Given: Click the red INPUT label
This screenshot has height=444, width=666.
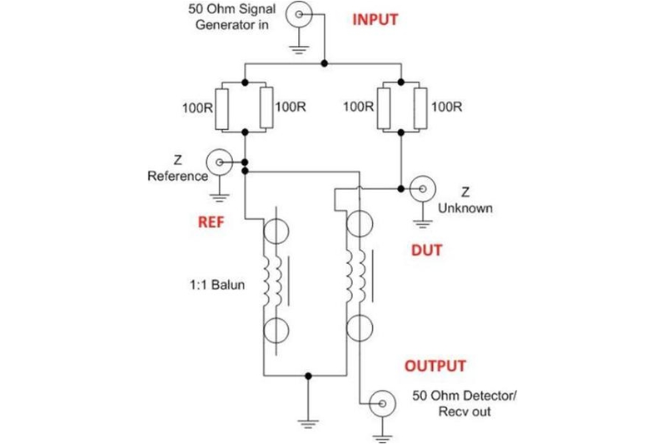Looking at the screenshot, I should click(375, 20).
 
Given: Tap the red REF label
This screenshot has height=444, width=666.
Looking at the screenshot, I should click(208, 222).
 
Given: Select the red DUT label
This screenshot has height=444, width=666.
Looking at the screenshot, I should click(427, 250).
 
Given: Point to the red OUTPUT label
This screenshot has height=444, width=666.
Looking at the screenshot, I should click(435, 366).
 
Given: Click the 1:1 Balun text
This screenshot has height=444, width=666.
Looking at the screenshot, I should click(211, 285).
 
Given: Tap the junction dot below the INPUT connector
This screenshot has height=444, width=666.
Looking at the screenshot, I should click(325, 62).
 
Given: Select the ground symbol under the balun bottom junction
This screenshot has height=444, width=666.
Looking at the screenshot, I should click(309, 422).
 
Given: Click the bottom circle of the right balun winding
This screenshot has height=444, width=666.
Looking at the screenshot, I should click(360, 326).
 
